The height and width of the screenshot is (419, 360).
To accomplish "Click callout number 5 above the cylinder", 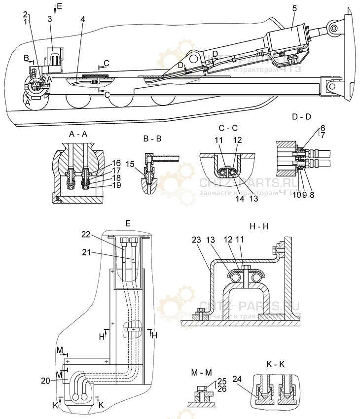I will click(294, 8).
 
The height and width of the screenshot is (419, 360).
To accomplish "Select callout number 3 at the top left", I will click(50, 19).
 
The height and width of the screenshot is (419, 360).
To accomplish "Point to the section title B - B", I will click(152, 139).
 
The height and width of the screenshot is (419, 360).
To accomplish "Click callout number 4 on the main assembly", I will click(83, 19).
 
